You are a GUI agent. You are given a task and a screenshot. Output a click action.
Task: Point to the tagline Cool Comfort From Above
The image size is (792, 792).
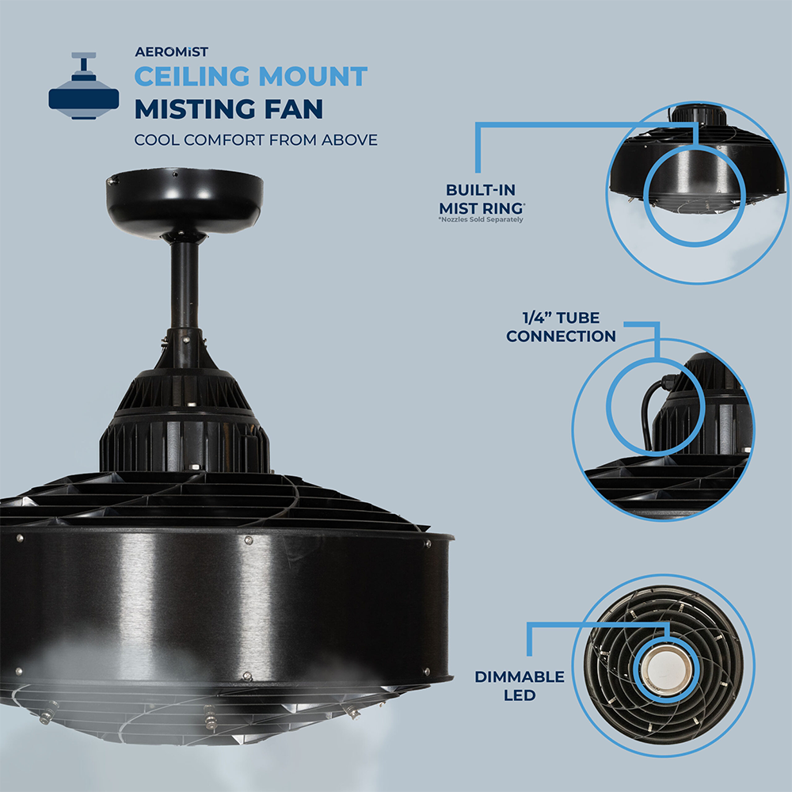(255, 140)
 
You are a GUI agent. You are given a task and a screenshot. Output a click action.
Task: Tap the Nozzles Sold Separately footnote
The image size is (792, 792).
(480, 219)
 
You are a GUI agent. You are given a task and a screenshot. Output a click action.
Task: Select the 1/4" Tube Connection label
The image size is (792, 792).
(561, 327)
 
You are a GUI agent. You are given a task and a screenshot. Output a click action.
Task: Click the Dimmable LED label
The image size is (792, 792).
(519, 686)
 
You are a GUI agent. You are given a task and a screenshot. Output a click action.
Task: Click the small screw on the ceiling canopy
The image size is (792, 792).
(112, 181)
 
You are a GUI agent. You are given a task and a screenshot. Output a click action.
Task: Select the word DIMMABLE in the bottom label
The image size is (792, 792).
(519, 677)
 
